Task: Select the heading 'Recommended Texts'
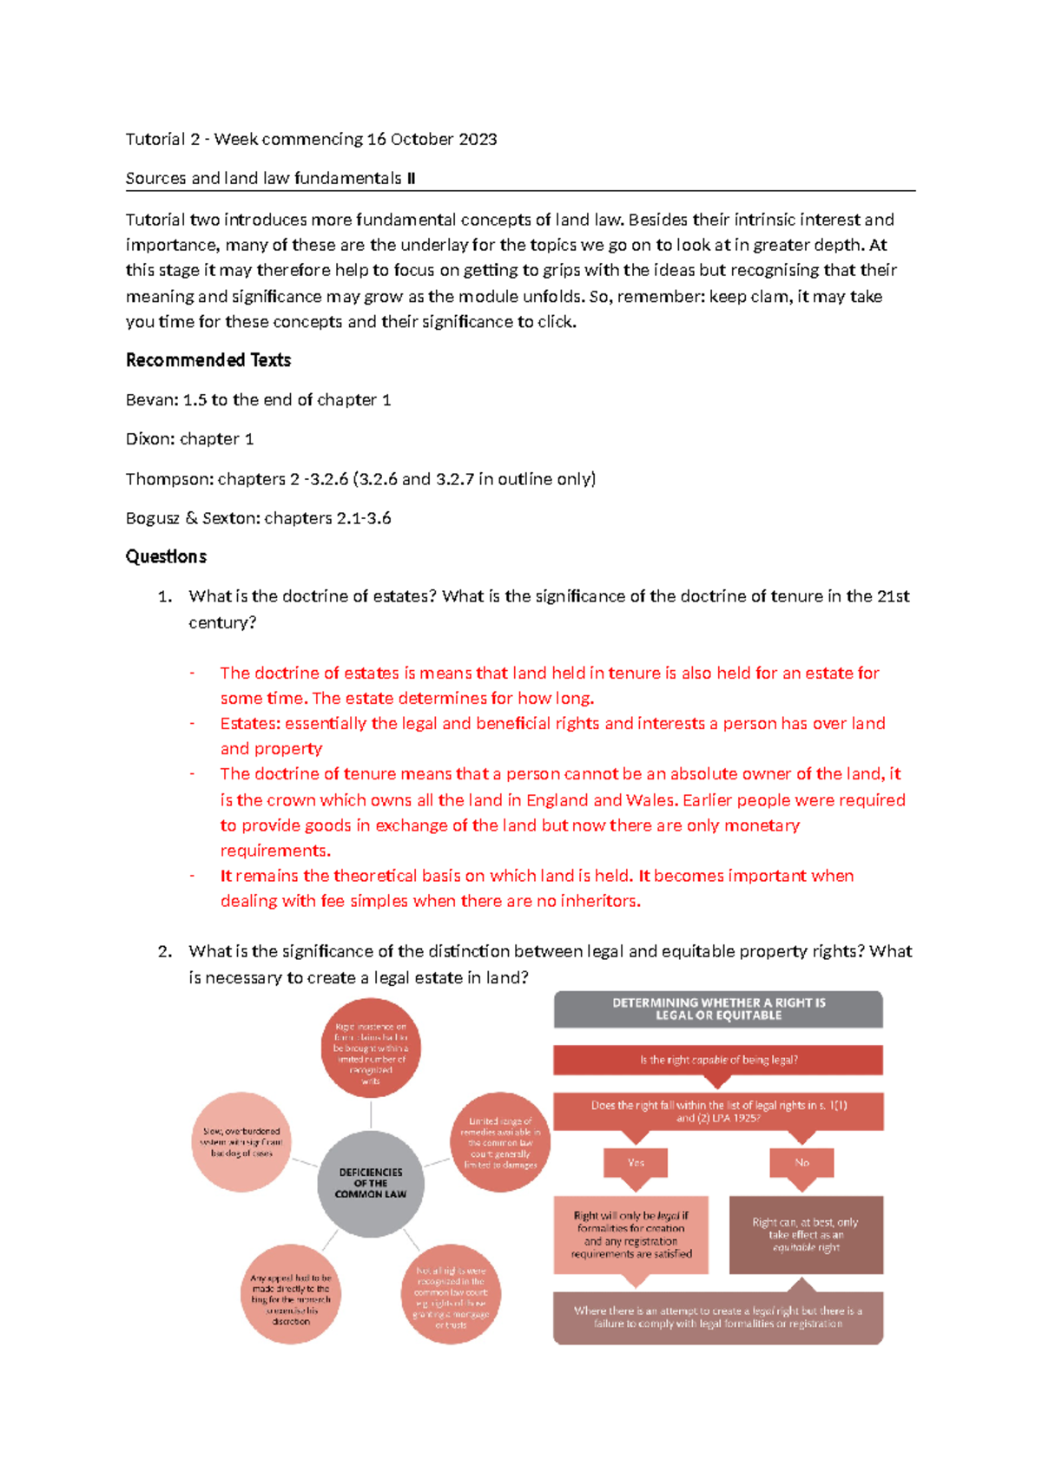click(208, 360)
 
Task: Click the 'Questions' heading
click(166, 556)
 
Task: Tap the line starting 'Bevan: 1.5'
click(258, 400)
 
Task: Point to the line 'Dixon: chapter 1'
click(189, 439)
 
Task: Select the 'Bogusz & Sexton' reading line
click(258, 518)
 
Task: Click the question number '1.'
click(165, 596)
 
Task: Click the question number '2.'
click(165, 951)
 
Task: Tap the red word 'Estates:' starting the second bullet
click(250, 724)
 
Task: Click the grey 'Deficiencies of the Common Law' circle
click(371, 1183)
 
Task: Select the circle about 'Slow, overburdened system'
click(241, 1142)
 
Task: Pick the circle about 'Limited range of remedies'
click(500, 1142)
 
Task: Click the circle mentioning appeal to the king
click(291, 1294)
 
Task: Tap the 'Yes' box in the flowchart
click(636, 1162)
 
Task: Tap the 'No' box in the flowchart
click(801, 1162)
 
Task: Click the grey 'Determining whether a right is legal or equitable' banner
click(718, 1009)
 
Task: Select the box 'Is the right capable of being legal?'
click(718, 1060)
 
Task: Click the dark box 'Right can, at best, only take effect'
click(806, 1234)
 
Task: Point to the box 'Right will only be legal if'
click(631, 1234)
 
